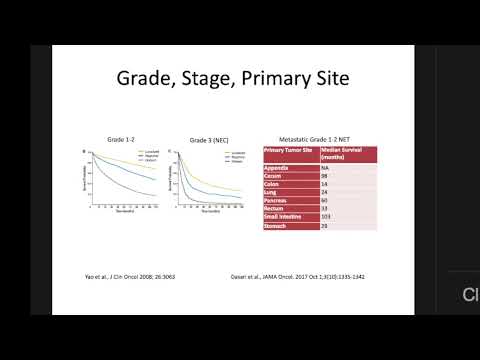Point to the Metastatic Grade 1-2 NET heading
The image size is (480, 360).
coord(319,138)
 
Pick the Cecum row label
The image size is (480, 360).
coord(274,174)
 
